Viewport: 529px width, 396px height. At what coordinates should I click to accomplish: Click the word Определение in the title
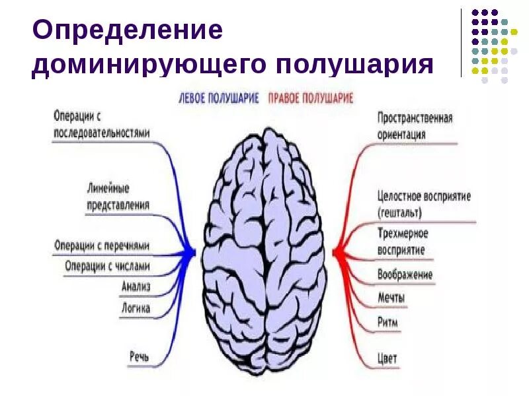[x=126, y=30]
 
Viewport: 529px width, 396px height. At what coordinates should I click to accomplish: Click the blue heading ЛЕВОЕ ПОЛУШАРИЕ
[x=220, y=98]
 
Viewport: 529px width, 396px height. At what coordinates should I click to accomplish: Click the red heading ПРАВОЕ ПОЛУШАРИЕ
[x=311, y=98]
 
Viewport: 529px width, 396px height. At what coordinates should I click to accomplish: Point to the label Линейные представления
[x=118, y=197]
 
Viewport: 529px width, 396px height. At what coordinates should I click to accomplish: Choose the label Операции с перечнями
[x=102, y=246]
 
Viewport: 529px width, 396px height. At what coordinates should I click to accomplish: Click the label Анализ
[x=136, y=286]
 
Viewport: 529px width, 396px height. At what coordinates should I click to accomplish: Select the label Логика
[x=136, y=308]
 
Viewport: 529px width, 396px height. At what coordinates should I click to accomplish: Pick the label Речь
[x=138, y=357]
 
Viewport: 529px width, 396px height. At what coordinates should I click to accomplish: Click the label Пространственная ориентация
[x=415, y=125]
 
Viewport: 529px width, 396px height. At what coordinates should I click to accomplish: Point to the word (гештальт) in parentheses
[x=399, y=213]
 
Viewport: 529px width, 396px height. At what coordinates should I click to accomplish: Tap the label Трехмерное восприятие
[x=402, y=242]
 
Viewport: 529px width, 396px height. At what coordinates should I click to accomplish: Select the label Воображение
[x=405, y=274]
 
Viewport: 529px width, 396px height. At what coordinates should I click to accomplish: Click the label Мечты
[x=391, y=298]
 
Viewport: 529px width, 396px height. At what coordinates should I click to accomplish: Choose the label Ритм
[x=387, y=322]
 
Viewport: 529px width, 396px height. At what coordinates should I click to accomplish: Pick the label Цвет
[x=387, y=358]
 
